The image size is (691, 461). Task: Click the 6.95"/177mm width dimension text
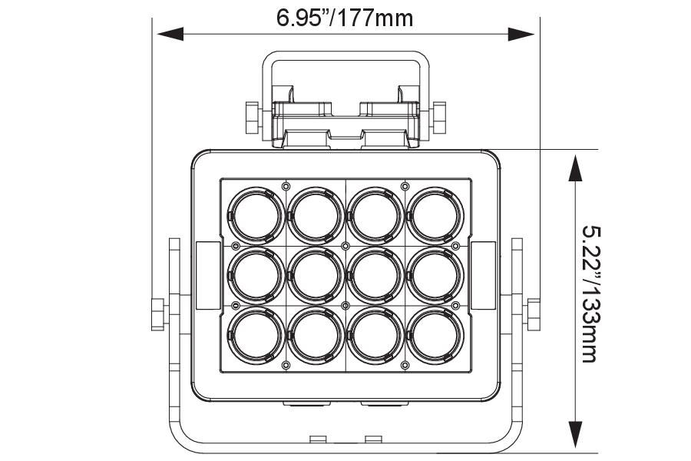pyautogui.click(x=345, y=16)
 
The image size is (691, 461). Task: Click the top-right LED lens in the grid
pyautogui.click(x=435, y=214)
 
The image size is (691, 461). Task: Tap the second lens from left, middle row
pyautogui.click(x=316, y=275)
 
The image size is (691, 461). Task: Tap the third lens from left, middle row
pyautogui.click(x=375, y=275)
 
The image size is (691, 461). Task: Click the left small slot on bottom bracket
pyautogui.click(x=317, y=439)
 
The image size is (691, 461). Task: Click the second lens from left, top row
pyautogui.click(x=316, y=214)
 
